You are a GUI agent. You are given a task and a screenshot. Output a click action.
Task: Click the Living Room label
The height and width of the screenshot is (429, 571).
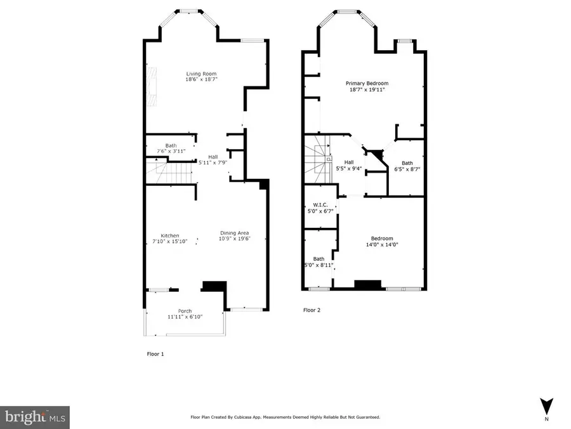[202, 74]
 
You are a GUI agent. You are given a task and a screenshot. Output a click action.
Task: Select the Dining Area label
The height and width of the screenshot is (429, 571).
[235, 232]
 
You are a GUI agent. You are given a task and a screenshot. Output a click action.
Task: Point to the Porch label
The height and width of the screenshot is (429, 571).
[185, 310]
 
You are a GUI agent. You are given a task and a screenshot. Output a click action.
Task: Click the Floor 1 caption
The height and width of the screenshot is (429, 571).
[155, 354]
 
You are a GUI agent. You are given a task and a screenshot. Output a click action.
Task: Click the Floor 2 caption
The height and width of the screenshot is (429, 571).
[313, 310]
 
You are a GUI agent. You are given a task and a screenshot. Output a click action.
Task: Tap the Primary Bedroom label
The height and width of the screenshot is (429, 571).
[367, 83]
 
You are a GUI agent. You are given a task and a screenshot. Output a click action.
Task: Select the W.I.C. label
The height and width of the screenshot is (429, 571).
[319, 205]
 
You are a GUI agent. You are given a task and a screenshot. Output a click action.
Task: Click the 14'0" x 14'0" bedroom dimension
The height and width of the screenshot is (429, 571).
[381, 244]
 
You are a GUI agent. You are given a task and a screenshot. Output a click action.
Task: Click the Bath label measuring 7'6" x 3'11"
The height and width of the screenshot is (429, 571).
[171, 145]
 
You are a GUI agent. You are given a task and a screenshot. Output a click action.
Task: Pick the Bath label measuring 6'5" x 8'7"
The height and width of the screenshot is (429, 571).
[407, 163]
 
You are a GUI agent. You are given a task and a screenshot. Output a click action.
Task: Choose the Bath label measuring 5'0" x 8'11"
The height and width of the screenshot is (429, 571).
[318, 259]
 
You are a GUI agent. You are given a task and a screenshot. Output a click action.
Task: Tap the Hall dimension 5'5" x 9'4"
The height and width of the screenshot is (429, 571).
[349, 168]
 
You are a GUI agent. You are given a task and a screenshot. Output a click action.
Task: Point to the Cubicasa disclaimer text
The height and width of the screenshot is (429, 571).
[285, 417]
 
